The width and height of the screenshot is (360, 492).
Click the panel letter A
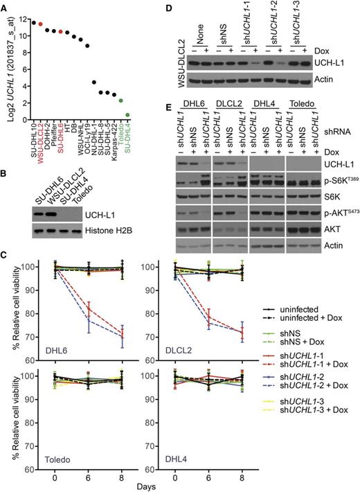5,6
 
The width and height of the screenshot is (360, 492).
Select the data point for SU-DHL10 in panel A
33,22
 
